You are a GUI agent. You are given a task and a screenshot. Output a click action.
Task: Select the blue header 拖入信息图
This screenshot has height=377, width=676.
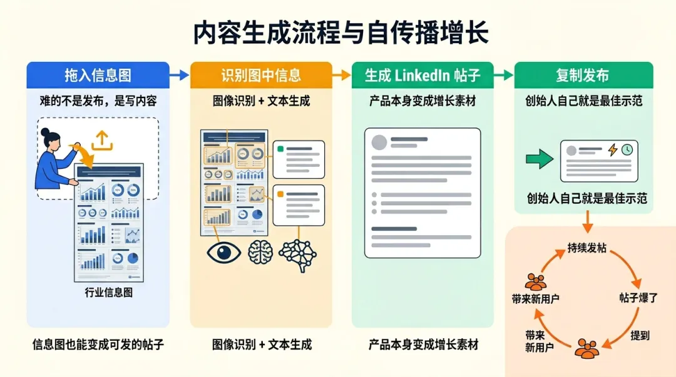[x=98, y=76]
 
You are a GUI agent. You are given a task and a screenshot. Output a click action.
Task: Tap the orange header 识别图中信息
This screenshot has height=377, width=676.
[x=261, y=76]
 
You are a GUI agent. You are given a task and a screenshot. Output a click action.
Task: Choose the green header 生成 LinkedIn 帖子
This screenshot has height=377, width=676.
[x=422, y=76]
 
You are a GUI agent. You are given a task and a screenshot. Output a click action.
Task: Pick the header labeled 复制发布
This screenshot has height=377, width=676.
[x=582, y=76]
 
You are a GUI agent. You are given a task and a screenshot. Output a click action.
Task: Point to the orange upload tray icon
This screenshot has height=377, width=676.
[x=101, y=140]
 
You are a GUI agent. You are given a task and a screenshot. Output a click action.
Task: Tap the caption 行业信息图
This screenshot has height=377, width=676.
[x=108, y=293]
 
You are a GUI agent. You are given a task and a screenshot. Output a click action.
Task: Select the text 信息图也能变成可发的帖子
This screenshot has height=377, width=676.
[x=98, y=344]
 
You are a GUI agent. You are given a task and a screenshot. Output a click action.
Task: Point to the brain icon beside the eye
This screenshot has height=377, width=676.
[x=260, y=253]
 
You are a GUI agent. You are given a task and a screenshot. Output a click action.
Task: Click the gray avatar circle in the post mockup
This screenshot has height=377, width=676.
[x=379, y=142]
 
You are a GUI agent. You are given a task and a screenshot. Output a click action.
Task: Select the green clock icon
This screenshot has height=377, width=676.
[x=627, y=149]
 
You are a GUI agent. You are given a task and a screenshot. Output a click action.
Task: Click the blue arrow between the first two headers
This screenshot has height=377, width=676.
[x=179, y=76]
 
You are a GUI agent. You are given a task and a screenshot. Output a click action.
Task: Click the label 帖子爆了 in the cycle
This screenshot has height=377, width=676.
[x=638, y=298]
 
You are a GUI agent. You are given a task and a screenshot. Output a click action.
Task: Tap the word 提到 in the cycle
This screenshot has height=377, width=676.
[x=640, y=336]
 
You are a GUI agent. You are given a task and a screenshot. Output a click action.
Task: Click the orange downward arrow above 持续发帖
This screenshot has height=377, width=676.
[x=587, y=219]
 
